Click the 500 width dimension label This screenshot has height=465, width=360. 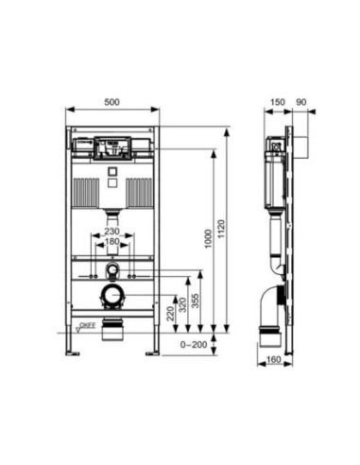111,102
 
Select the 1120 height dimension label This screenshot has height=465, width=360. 221,229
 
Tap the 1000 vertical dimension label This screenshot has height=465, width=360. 208,239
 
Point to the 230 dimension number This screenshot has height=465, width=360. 111,232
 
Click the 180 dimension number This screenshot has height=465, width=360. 111,242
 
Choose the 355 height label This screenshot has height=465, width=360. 196,301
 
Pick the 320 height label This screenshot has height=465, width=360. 182,304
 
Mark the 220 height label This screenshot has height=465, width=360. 170,314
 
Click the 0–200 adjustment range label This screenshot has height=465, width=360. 194,344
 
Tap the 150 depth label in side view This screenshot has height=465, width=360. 278,102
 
